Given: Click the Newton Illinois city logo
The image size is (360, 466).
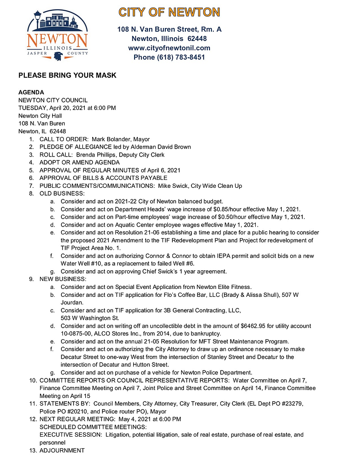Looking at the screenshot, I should click(57, 36).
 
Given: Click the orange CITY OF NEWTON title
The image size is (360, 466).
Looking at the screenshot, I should click(169, 12).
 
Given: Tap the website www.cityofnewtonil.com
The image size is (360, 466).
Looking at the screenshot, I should click(169, 48).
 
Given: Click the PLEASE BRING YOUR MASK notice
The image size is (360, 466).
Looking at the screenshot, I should click(67, 75).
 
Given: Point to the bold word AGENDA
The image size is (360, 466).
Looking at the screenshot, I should click(31, 92).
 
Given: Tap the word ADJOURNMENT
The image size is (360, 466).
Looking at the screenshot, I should click(62, 451).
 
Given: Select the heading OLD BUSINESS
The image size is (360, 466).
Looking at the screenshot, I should click(62, 193).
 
